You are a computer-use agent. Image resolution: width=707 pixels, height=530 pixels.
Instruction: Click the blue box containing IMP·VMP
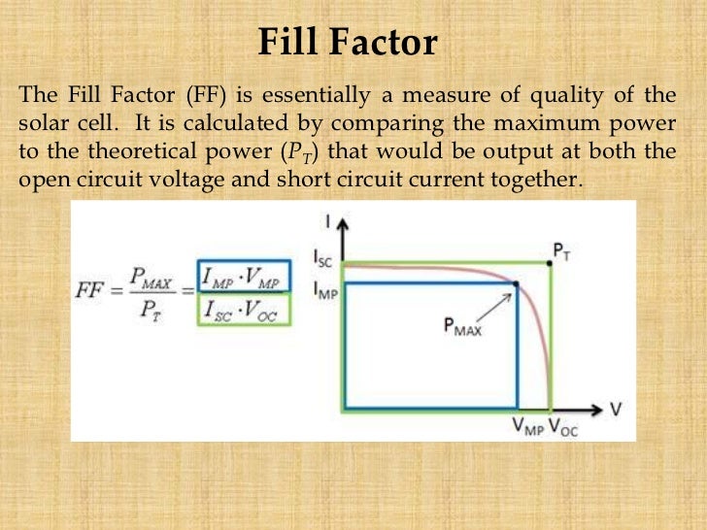coord(243,277)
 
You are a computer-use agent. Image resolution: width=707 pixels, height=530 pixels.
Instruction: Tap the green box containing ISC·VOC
coord(243,309)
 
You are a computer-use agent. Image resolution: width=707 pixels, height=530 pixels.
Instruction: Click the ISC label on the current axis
coord(324,259)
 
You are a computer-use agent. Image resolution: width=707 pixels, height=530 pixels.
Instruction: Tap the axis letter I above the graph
coord(327,222)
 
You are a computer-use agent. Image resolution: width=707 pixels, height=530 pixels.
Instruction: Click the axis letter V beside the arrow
coord(616,409)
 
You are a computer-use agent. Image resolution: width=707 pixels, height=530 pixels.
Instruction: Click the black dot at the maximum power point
coord(516,283)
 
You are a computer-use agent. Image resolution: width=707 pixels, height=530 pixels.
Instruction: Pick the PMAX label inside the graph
coord(464,327)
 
